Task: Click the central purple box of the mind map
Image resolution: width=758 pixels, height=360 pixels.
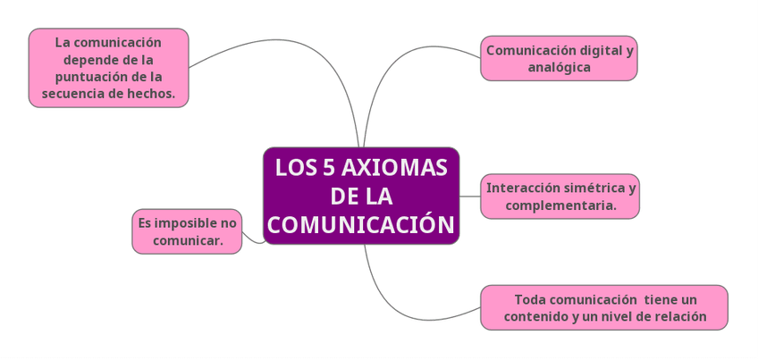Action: click(x=360, y=196)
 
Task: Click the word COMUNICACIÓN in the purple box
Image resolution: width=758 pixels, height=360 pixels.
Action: click(x=360, y=224)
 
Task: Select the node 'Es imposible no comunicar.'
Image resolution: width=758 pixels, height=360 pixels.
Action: click(x=187, y=231)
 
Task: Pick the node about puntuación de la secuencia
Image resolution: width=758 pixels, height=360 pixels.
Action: click(x=108, y=68)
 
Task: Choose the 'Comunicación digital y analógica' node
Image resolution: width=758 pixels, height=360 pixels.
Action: click(x=559, y=58)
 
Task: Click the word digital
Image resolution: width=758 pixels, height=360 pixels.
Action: click(x=593, y=50)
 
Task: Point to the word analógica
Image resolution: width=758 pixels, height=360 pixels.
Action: click(x=559, y=67)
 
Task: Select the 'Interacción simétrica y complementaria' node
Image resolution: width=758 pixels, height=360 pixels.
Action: click(x=560, y=197)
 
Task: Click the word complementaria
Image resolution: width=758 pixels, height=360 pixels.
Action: click(x=560, y=205)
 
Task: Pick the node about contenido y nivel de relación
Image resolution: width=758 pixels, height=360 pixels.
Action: click(x=603, y=307)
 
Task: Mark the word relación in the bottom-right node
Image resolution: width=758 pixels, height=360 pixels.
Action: click(x=679, y=316)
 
